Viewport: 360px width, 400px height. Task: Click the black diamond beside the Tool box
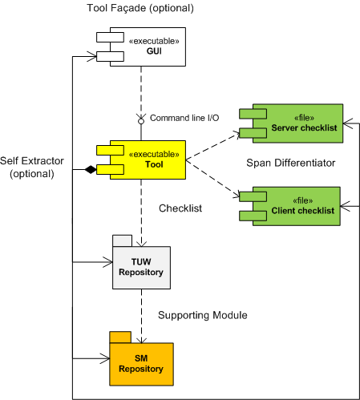pyautogui.click(x=91, y=169)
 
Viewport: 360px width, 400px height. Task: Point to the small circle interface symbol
pyautogui.click(x=141, y=121)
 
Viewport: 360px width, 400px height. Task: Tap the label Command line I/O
pyautogui.click(x=184, y=118)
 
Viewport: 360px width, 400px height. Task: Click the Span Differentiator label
pyautogui.click(x=291, y=163)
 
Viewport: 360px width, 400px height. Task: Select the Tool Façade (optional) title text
pyautogui.click(x=140, y=8)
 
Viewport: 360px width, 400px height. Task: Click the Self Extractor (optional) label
pyautogui.click(x=32, y=168)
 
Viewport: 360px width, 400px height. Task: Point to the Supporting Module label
pyautogui.click(x=203, y=315)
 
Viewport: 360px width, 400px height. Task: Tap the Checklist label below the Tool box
pyautogui.click(x=180, y=208)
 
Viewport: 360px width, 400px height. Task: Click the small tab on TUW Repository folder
pyautogui.click(x=123, y=240)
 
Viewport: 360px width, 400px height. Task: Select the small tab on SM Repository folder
pyautogui.click(x=120, y=337)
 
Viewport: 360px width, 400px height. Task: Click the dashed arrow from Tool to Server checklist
pyautogui.click(x=212, y=146)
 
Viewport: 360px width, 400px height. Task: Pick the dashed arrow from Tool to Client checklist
pyautogui.click(x=212, y=179)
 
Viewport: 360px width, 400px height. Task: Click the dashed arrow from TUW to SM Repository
pyautogui.click(x=141, y=316)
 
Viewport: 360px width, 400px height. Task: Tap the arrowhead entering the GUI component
pyautogui.click(x=92, y=56)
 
